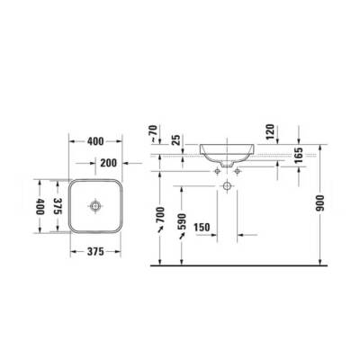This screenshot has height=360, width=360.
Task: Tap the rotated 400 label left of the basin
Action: coord(39,207)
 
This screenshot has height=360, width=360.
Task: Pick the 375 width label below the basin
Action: coord(94,252)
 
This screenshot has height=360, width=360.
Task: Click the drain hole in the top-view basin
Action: coord(93,206)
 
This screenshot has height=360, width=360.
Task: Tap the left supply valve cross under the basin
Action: coord(217,167)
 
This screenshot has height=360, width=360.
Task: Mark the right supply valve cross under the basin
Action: coord(240,167)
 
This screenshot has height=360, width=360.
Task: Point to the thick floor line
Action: coord(243,266)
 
